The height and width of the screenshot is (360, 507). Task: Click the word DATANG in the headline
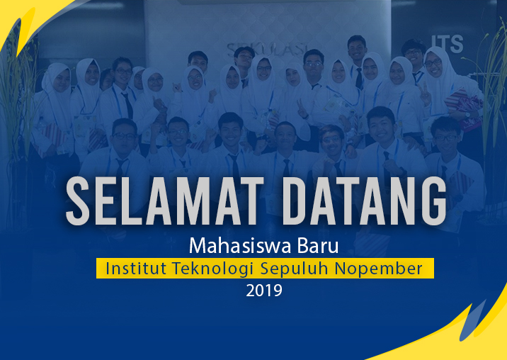365,201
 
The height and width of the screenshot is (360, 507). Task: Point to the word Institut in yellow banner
136,268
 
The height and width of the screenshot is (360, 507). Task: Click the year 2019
264,291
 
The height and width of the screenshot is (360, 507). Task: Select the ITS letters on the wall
448,44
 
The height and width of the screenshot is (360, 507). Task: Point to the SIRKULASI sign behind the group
266,49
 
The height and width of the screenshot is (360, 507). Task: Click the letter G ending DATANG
433,201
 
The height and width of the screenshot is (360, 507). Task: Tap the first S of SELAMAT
78,201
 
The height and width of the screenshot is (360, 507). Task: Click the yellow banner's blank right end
428,268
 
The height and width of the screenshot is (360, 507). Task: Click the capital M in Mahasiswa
198,247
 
